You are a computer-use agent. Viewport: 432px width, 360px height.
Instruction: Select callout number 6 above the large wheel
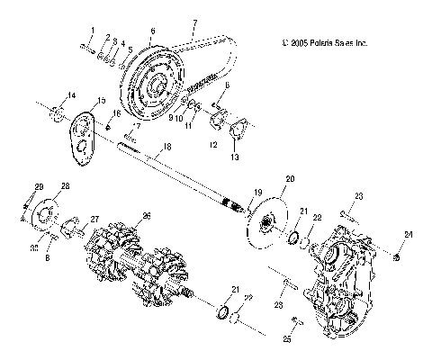pyautogui.click(x=152, y=30)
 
